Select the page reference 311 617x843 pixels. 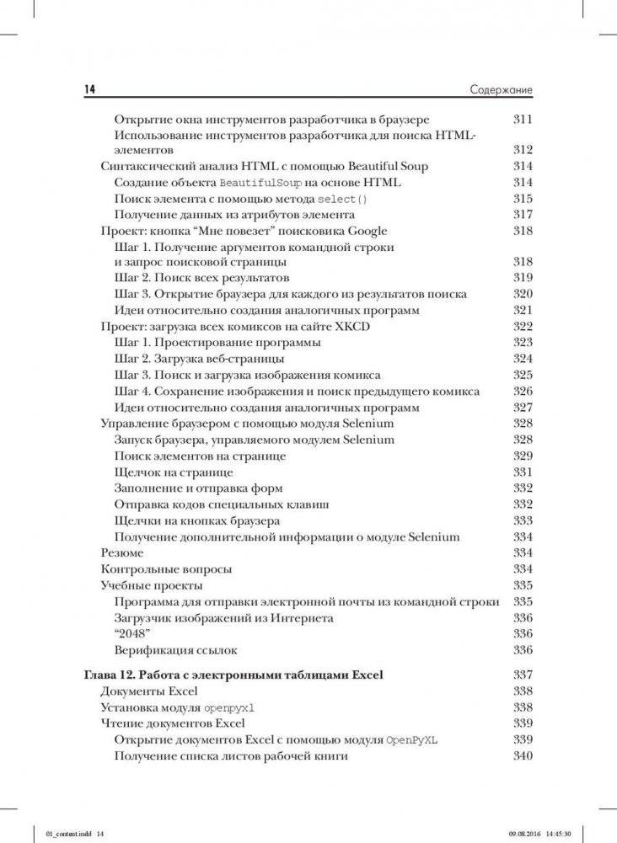523,119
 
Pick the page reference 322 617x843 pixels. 523,327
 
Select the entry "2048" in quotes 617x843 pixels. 131,633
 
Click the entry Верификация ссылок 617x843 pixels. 175,649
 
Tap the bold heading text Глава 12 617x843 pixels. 114,675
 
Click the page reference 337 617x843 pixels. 523,675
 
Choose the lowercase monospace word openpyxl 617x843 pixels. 228,708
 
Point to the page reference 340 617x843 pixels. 523,755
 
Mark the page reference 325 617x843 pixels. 523,375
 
